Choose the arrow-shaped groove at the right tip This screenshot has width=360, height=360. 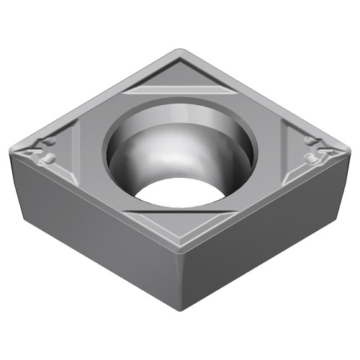[x=328, y=150]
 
